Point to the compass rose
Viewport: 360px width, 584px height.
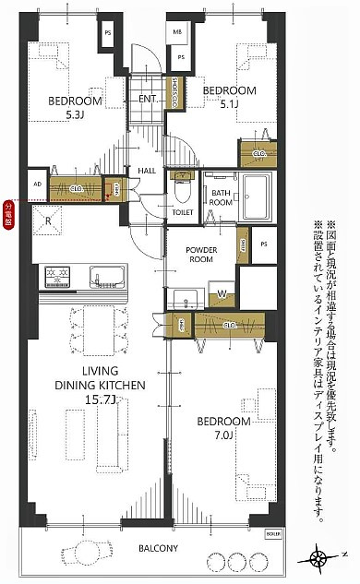pyautogui.click(x=319, y=558)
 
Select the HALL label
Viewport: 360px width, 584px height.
pyautogui.click(x=147, y=171)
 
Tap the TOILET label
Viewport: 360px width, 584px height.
pyautogui.click(x=182, y=212)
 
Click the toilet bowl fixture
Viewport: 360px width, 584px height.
pyautogui.click(x=183, y=191)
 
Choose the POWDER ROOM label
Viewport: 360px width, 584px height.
pyautogui.click(x=200, y=255)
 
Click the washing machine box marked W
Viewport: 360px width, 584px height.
pyautogui.click(x=222, y=295)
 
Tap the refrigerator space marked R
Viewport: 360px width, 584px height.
pyautogui.click(x=47, y=220)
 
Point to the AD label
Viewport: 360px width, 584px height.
pyautogui.click(x=37, y=184)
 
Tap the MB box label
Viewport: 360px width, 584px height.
pyautogui.click(x=177, y=31)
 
